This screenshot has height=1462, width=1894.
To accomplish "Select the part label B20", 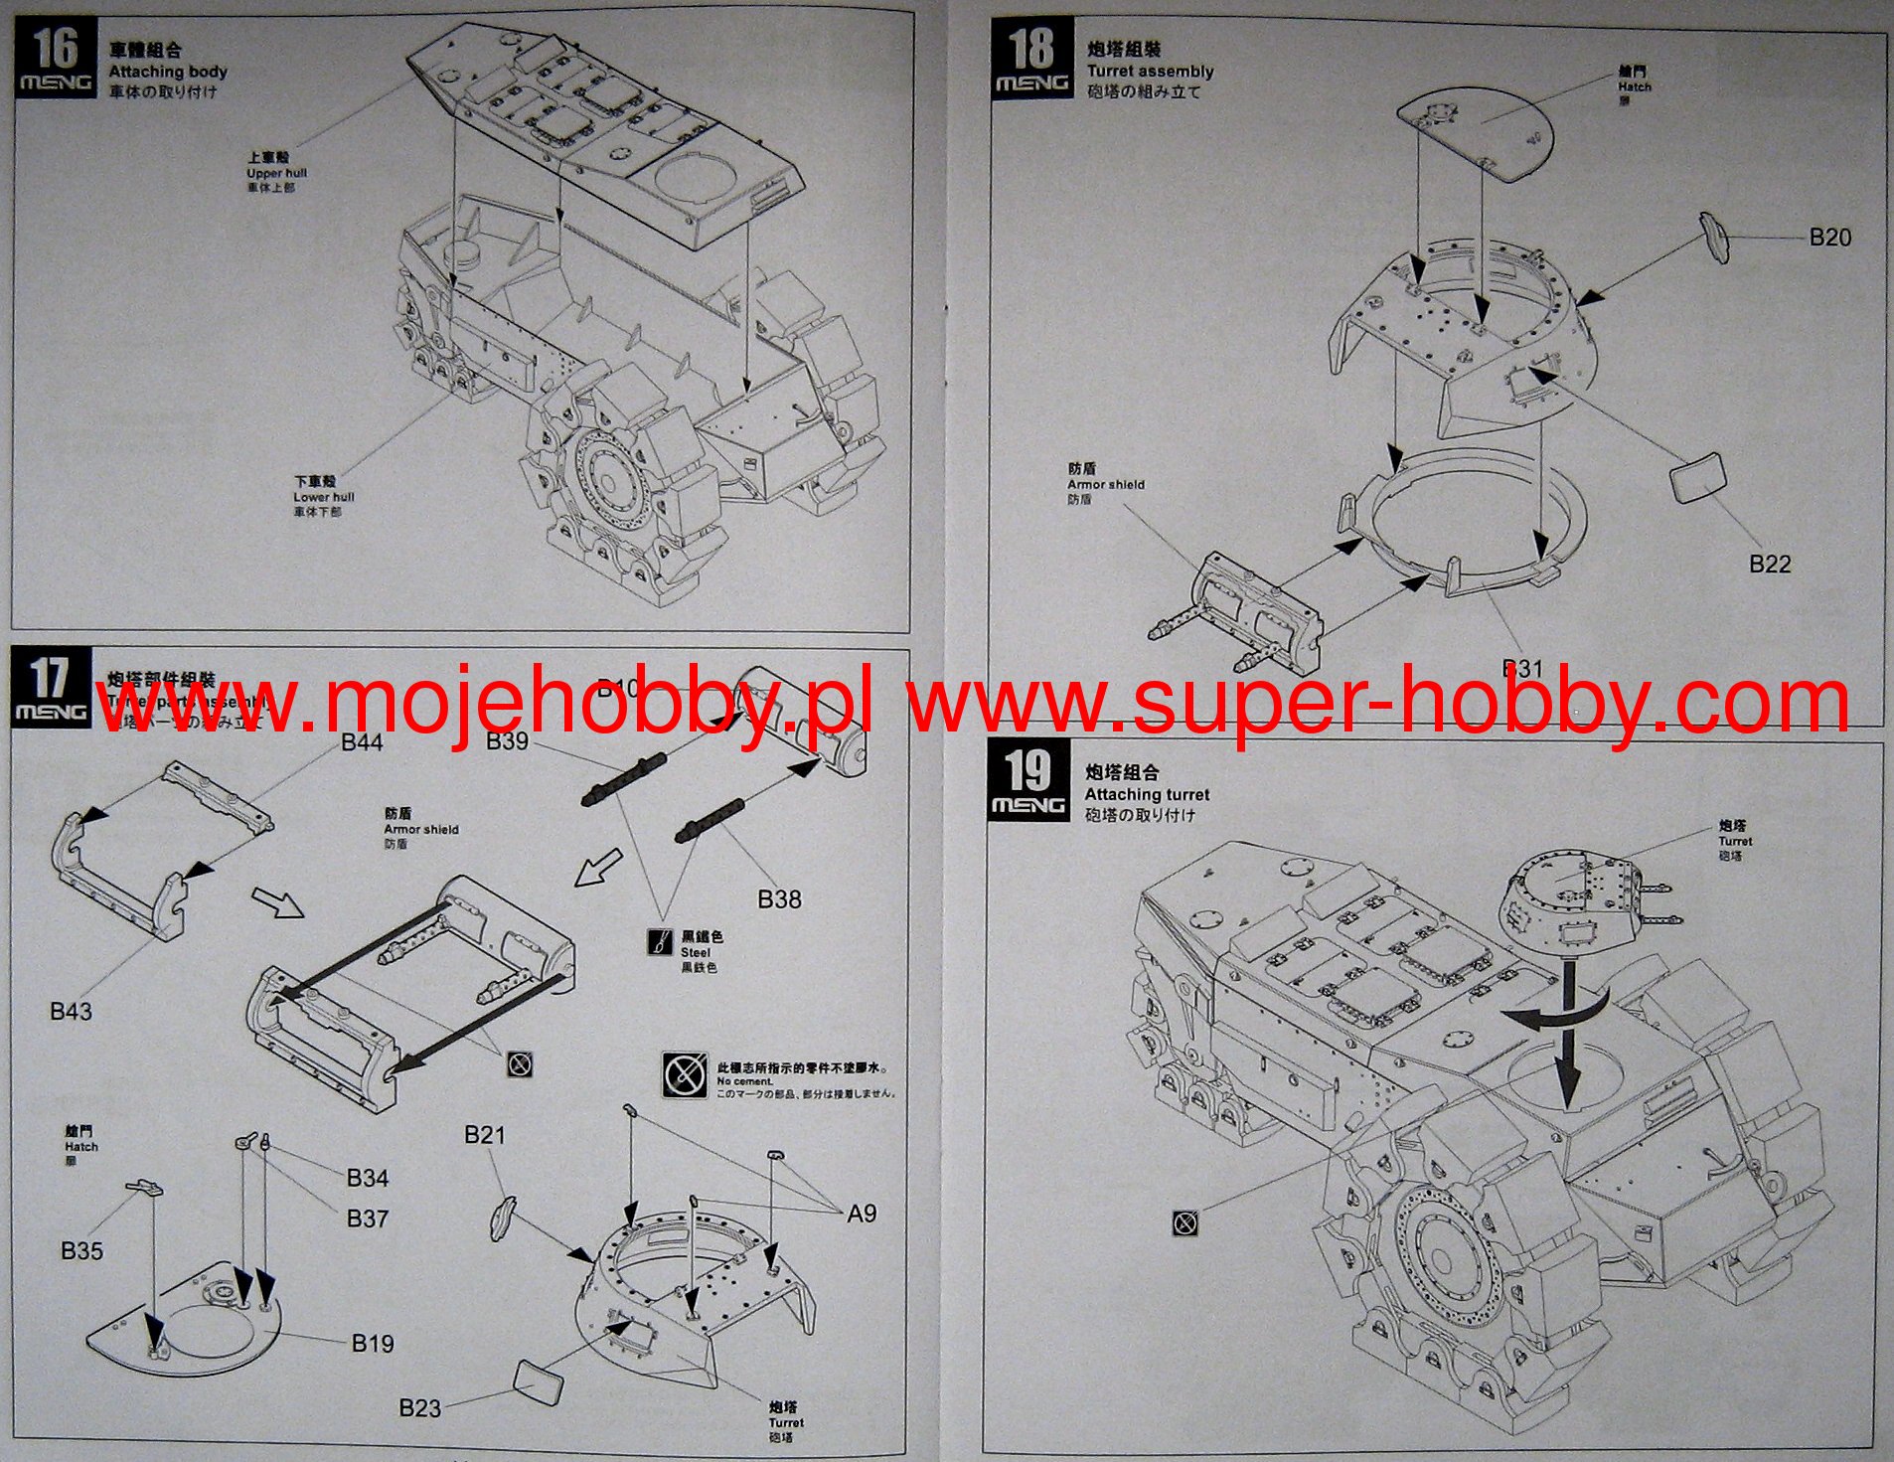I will pos(1829,238).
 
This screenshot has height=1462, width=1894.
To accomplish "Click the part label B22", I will pos(1770,564).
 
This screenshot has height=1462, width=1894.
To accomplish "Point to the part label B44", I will pos(362,742).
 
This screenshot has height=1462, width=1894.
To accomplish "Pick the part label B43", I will pos(71,1011).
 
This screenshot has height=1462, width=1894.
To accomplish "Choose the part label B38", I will pos(779,898).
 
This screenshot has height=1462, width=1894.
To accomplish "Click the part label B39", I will pos(507,742).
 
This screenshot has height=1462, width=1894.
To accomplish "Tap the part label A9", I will pos(862,1214).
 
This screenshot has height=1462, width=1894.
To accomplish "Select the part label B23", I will pos(420,1407).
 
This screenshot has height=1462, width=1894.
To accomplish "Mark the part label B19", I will pos(373,1344).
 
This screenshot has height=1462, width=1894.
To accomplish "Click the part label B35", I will pos(81,1250).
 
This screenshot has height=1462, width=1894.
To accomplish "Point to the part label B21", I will pos(485,1135).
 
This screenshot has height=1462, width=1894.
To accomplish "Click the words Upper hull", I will pos(276,173).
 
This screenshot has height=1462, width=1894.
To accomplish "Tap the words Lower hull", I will pos(323,497).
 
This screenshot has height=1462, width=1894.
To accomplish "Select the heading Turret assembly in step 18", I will pos(1150,72).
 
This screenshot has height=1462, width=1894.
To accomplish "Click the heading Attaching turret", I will pos(1147,794).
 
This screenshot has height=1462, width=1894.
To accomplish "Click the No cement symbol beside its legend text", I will pos(684,1073).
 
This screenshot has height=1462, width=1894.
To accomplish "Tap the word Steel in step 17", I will pos(696,952).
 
